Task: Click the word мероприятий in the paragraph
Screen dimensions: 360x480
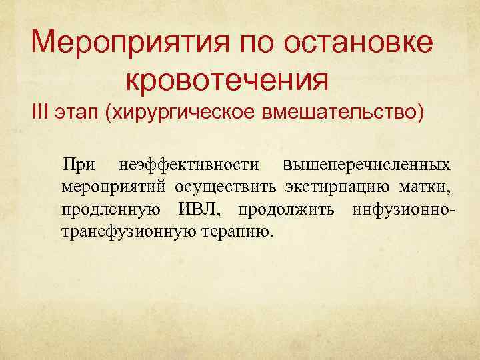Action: click(x=114, y=187)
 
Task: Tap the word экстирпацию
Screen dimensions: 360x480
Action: click(x=339, y=187)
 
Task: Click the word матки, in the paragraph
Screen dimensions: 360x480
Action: click(x=429, y=187)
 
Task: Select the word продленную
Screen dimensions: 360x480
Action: click(x=110, y=211)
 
